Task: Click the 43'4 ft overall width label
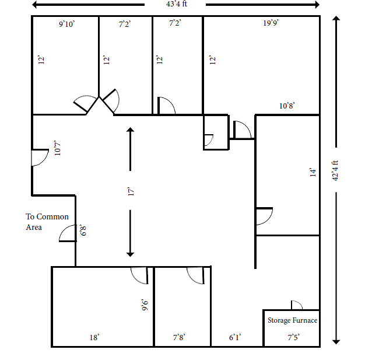tap(177, 4)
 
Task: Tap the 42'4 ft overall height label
tap(335, 170)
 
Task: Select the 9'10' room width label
tap(67, 24)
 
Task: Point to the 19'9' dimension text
tap(271, 23)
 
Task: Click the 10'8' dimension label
tap(287, 106)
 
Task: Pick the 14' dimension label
tap(313, 173)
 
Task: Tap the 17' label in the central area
tap(131, 191)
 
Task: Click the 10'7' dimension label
tap(57, 148)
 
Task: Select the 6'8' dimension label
tap(83, 230)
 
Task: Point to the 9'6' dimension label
tap(145, 305)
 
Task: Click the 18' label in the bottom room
tap(94, 337)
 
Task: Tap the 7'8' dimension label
tap(179, 337)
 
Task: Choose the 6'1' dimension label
tap(235, 337)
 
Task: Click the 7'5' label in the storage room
tap(293, 337)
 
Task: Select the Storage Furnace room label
tap(293, 320)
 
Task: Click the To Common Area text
tap(47, 222)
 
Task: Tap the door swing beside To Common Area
tap(68, 233)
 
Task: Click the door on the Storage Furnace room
tap(297, 305)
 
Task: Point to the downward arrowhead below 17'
tap(130, 254)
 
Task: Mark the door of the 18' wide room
tap(139, 275)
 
